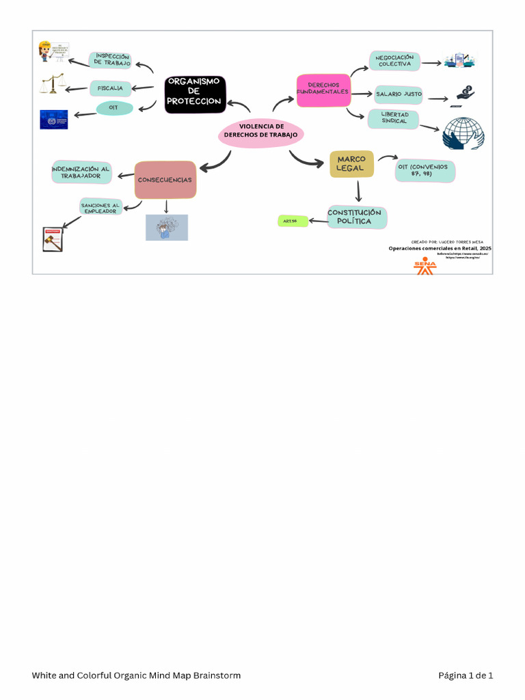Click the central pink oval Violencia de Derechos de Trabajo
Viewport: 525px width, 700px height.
coord(260,131)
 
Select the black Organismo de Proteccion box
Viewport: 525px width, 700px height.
coord(195,94)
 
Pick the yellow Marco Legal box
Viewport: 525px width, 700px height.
coord(351,164)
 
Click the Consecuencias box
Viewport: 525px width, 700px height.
coord(165,180)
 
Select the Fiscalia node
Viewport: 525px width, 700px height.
coord(110,88)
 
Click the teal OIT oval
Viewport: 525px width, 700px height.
coord(114,108)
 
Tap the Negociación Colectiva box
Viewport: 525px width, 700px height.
coord(394,61)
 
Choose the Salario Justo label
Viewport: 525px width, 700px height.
coord(399,94)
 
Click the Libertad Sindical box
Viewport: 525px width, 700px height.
coord(394,118)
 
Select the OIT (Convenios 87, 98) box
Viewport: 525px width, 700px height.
coord(425,170)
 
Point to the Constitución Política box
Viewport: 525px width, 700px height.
coord(357,217)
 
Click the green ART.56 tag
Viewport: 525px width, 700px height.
coord(292,221)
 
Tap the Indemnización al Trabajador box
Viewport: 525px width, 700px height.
coord(81,172)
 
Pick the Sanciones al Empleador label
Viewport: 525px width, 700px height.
coord(100,207)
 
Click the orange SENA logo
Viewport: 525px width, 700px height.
coord(425,267)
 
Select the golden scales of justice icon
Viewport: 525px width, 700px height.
coord(53,84)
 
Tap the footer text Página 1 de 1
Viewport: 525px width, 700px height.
coord(465,675)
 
